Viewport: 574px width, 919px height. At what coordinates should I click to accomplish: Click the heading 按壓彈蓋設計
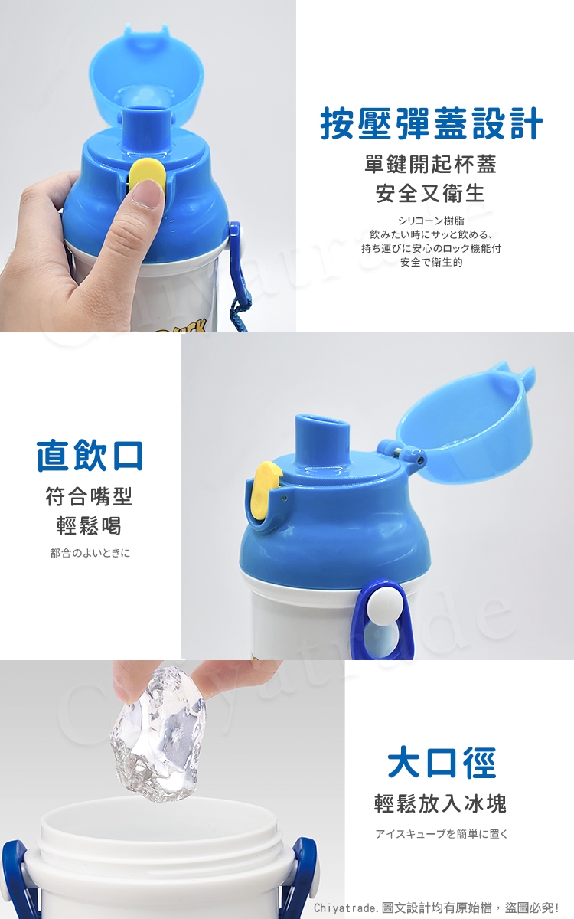431,123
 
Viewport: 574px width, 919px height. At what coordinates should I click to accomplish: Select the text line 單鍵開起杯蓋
430,164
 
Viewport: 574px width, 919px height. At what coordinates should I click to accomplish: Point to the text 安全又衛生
430,193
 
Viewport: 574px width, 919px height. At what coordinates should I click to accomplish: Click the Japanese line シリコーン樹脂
431,221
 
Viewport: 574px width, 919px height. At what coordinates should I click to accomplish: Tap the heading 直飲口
90,456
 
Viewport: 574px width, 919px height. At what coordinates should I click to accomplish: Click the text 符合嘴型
89,496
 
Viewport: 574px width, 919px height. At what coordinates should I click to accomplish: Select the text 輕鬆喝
89,525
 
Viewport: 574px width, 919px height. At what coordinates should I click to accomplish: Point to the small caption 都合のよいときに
90,553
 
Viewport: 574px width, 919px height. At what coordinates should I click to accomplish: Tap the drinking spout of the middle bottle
323,440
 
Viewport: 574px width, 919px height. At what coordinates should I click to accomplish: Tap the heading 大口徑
441,763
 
